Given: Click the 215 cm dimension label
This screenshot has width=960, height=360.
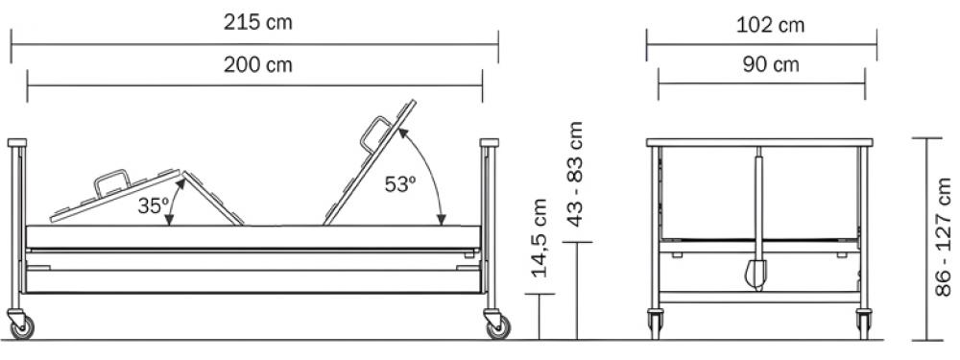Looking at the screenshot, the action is coord(257,23).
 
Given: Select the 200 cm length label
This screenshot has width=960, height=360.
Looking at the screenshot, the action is coord(257,64).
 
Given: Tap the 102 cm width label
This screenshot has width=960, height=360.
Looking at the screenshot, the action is coord(770,25).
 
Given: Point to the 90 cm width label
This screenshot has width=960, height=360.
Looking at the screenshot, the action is coord(771,64).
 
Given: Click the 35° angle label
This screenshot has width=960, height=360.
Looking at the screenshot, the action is coord(153,205).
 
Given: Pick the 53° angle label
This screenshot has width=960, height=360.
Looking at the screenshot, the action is coord(400,184).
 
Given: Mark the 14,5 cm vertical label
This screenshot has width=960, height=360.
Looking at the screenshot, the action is coord(539,237).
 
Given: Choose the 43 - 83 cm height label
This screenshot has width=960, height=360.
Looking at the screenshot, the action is coord(575,174).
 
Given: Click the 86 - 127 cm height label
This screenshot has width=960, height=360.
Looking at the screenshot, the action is coord(944,237).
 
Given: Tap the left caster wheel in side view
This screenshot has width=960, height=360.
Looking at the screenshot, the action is coord(23,327).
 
